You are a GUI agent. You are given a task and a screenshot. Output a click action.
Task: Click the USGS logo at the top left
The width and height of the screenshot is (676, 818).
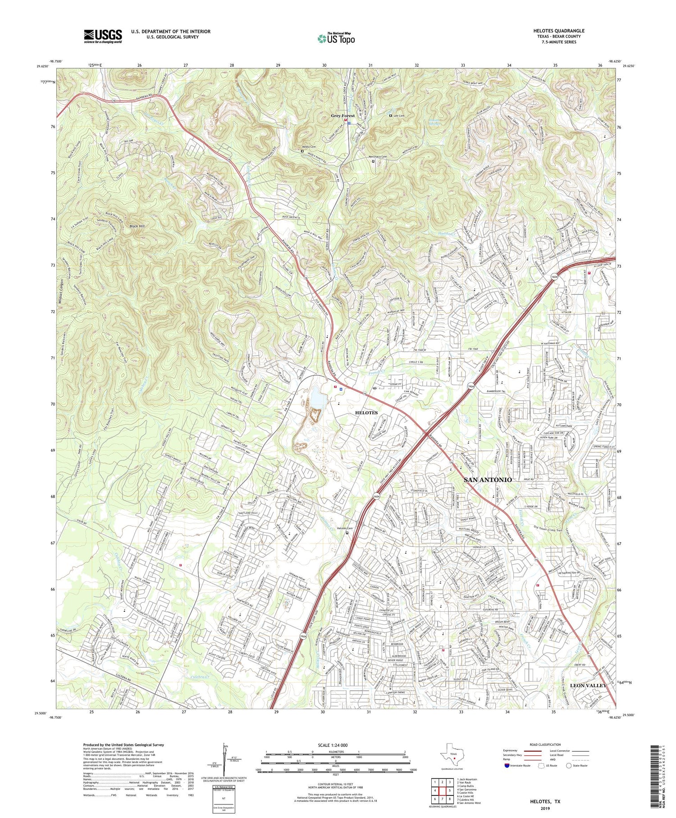(103, 36)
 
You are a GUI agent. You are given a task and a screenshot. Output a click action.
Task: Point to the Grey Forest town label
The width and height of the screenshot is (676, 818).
(343, 116)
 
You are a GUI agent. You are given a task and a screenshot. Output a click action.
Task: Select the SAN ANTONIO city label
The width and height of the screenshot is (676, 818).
(488, 480)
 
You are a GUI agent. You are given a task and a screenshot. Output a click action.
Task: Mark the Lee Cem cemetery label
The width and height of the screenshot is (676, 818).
(399, 116)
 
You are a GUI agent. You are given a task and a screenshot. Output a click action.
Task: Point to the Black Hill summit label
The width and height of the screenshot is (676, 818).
(137, 226)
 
